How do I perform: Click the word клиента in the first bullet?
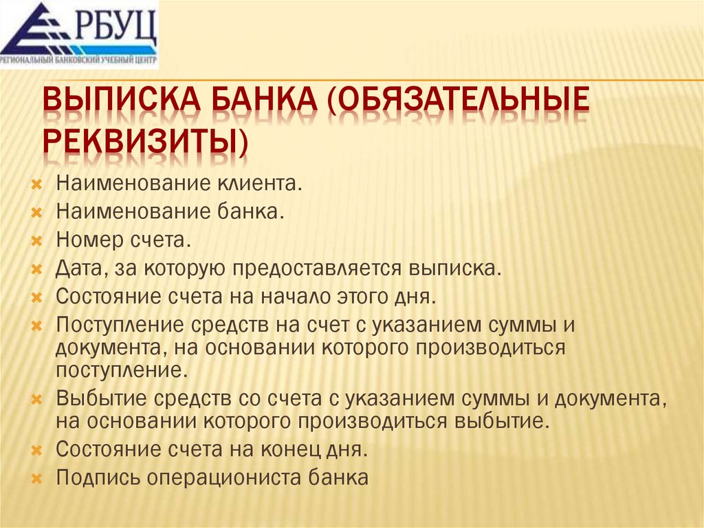pos(261,184)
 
